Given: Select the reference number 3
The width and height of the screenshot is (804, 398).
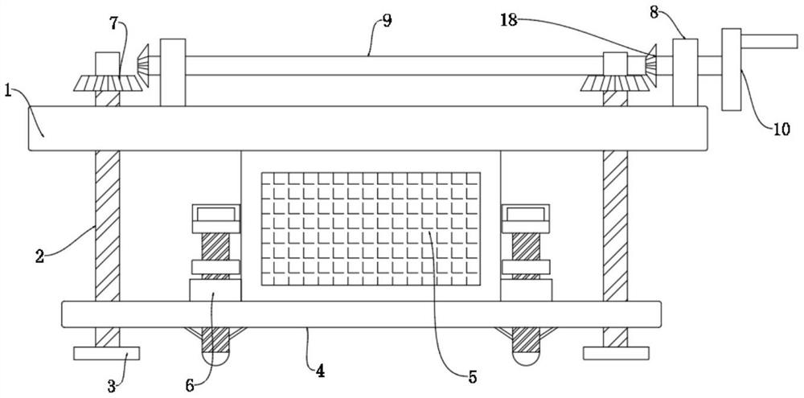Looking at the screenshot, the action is (112, 385).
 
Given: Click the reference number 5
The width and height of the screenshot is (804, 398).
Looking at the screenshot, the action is (472, 375).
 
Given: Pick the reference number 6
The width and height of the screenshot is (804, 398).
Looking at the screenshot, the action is (191, 385).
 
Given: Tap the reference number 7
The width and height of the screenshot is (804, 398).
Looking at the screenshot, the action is (114, 23).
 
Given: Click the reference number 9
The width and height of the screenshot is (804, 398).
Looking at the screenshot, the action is (388, 19).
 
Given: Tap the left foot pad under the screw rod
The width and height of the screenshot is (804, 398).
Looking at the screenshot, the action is (106, 354).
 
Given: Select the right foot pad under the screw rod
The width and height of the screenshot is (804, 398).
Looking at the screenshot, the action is (616, 354).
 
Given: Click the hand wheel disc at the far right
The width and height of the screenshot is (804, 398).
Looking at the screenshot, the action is (732, 69).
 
